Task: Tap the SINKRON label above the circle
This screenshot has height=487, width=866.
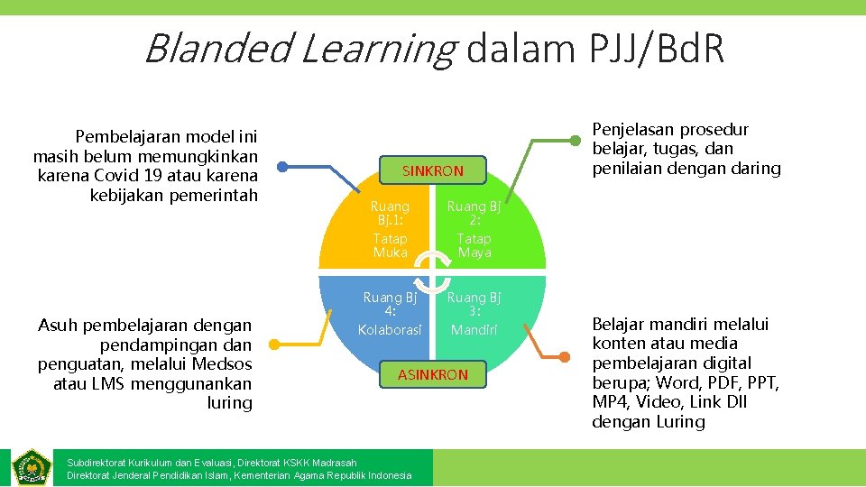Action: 432,171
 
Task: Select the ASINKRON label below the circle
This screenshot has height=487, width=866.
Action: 433,374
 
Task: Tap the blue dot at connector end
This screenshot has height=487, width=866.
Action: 282,166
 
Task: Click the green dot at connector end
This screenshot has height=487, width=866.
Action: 577,140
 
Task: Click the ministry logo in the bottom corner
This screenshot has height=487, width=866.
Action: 32,466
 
